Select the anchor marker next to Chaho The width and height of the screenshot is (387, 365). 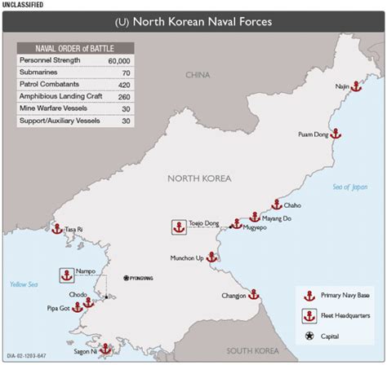pyautogui.click(x=277, y=204)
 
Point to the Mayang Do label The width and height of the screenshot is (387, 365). pyautogui.click(x=276, y=218)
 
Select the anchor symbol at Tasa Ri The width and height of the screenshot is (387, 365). pyautogui.click(x=57, y=229)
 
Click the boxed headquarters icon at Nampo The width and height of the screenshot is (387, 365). pyautogui.click(x=64, y=275)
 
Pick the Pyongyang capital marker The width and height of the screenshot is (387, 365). pyautogui.click(x=126, y=278)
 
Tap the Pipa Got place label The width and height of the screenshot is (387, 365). pyautogui.click(x=60, y=309)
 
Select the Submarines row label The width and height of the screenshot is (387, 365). pyautogui.click(x=40, y=73)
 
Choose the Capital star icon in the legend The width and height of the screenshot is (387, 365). pyautogui.click(x=309, y=336)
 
